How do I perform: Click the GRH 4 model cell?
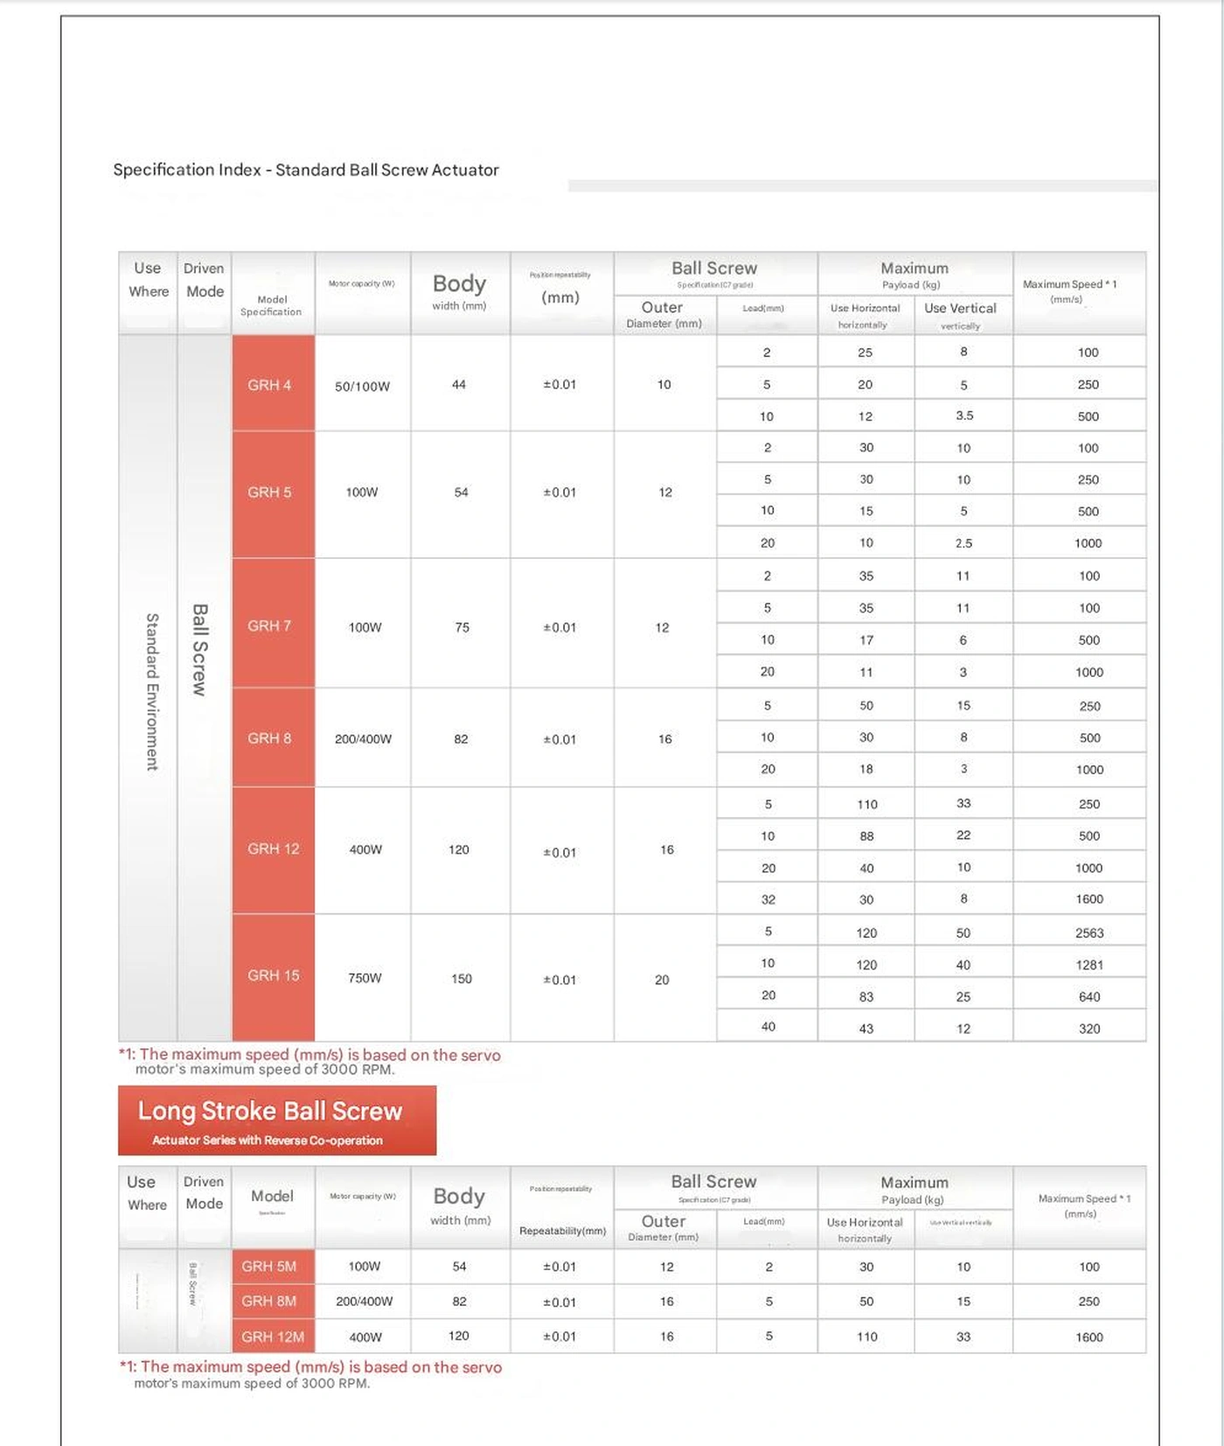click(270, 385)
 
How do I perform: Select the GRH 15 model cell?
click(273, 975)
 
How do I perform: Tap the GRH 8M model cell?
click(269, 1301)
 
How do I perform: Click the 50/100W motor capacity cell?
click(362, 386)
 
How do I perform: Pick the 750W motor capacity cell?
click(365, 978)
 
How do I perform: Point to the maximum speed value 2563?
click(1089, 933)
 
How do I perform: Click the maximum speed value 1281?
click(1089, 965)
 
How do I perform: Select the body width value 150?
click(461, 979)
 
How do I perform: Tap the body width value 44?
click(459, 384)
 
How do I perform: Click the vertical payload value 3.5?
click(964, 416)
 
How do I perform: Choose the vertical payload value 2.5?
click(963, 543)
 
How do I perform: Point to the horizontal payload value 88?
click(866, 836)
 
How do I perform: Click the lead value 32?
click(768, 899)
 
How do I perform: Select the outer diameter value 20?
click(662, 980)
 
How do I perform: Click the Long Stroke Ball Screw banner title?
click(269, 1111)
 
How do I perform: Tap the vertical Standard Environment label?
click(152, 691)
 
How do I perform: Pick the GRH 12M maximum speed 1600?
click(1089, 1337)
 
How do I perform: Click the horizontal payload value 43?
click(866, 1029)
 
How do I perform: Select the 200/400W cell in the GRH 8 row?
click(363, 739)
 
